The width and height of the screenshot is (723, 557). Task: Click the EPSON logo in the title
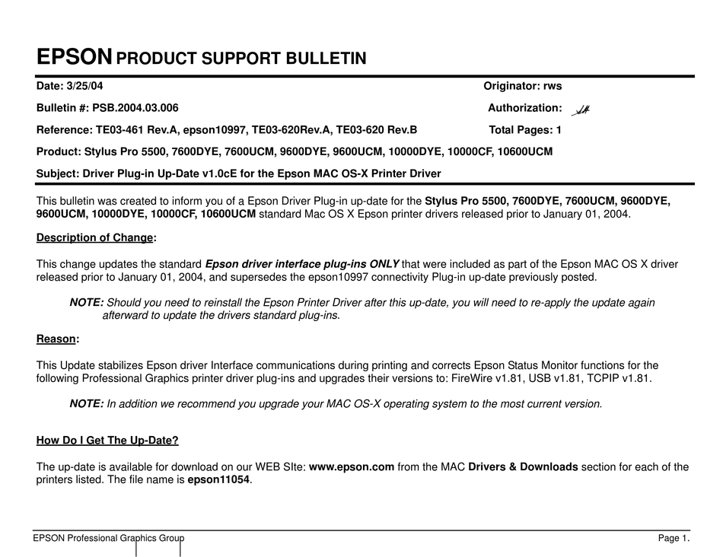coord(75,57)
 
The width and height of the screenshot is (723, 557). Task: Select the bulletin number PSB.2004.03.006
coord(135,108)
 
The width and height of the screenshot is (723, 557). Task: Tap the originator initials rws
coord(553,87)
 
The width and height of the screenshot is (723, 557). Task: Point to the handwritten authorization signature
coord(583,110)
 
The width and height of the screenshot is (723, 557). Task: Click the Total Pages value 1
coord(559,130)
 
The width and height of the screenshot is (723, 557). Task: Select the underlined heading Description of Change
coord(94,237)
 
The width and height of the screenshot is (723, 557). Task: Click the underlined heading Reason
coord(56,339)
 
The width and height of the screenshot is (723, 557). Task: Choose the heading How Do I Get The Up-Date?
coord(107,441)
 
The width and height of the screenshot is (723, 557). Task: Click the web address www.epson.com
coord(352,466)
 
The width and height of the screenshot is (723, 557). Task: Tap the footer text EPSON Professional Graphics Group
coord(108,539)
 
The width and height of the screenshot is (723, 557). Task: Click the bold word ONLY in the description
coord(384,264)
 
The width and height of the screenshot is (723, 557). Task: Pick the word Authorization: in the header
coord(525,108)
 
